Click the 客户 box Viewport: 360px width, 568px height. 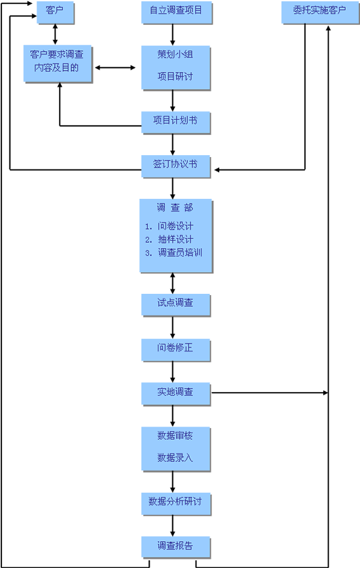click(56, 12)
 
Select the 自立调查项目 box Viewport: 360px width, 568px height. click(176, 12)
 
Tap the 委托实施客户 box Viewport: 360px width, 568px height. click(320, 12)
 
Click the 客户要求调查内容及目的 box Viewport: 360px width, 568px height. click(58, 63)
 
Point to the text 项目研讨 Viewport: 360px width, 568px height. click(175, 76)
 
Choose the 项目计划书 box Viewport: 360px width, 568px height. click(175, 123)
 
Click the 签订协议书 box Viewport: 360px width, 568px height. click(175, 167)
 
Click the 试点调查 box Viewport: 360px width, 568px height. click(175, 305)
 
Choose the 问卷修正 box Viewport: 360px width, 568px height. click(175, 350)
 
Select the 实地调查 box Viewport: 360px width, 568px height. click(175, 394)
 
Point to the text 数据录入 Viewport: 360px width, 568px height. click(175, 457)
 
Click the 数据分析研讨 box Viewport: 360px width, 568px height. click(176, 504)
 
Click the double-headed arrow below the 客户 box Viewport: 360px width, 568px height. click(55, 35)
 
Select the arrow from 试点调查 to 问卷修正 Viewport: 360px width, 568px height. click(172, 327)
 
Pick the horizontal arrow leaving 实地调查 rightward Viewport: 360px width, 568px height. click(270, 393)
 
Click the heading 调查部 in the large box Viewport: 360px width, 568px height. click(175, 207)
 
